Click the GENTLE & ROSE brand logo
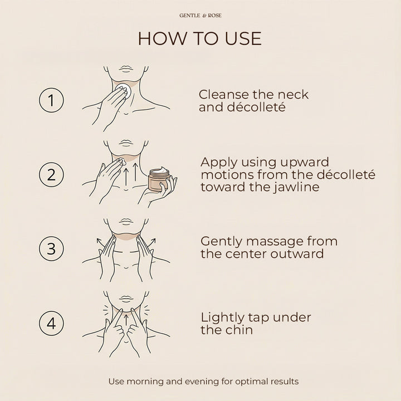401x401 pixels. pyautogui.click(x=200, y=16)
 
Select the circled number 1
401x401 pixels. pyautogui.click(x=51, y=100)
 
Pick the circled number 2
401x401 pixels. pyautogui.click(x=51, y=174)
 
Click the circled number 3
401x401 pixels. pyautogui.click(x=51, y=248)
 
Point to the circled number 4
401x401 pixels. pyautogui.click(x=51, y=323)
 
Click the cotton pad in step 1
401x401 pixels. pyautogui.click(x=123, y=90)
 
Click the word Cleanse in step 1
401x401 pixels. pyautogui.click(x=223, y=94)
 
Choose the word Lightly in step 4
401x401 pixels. pyautogui.click(x=222, y=318)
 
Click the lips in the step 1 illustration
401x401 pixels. pyautogui.click(x=126, y=69)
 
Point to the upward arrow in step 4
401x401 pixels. pyautogui.click(x=126, y=320)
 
